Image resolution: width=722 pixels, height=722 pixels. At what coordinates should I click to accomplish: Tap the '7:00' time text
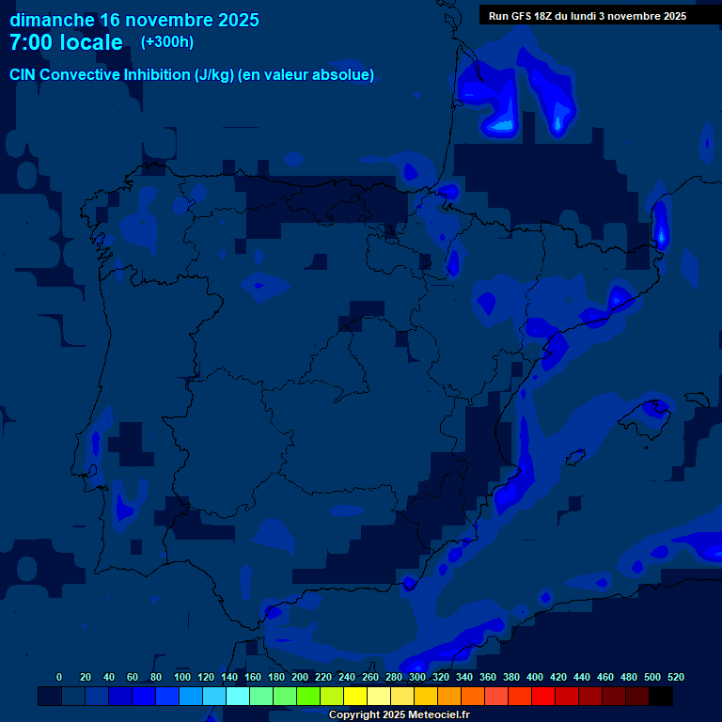pyautogui.click(x=34, y=42)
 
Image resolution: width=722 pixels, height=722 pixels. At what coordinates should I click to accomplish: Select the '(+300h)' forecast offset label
pyautogui.click(x=167, y=42)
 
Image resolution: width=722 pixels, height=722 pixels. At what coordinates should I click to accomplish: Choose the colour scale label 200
pyautogui.click(x=300, y=677)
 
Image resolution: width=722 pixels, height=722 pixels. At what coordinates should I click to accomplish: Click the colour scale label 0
pyautogui.click(x=59, y=677)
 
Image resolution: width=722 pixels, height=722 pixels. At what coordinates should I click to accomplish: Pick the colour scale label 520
pyautogui.click(x=675, y=677)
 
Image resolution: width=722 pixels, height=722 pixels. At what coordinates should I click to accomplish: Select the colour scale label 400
pyautogui.click(x=534, y=677)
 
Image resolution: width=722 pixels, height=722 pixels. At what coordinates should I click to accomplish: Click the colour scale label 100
pyautogui.click(x=182, y=677)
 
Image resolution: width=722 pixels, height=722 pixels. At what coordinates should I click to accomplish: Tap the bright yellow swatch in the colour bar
pyautogui.click(x=355, y=697)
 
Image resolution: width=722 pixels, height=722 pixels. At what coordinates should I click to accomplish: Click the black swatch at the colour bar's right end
pyautogui.click(x=661, y=697)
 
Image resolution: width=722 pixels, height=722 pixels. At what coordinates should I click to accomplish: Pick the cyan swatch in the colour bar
pyautogui.click(x=238, y=697)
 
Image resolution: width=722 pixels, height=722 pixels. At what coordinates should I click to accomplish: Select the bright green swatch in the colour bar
pyautogui.click(x=308, y=697)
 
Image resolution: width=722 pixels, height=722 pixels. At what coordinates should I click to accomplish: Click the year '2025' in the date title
pyautogui.click(x=238, y=20)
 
